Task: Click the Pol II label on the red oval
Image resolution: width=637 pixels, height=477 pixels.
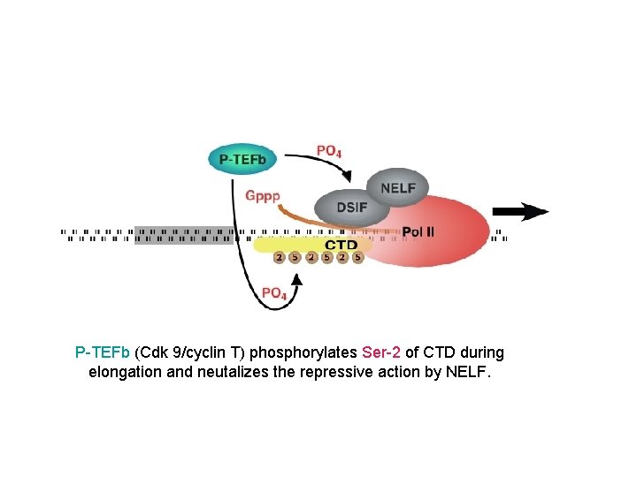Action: tap(418, 232)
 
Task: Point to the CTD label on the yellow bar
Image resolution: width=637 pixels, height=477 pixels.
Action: tap(341, 245)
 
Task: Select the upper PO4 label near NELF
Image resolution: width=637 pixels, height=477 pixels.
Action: tap(328, 151)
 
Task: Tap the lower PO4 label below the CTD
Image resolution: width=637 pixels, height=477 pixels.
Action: tap(273, 293)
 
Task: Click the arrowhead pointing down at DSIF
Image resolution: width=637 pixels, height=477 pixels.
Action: tap(345, 178)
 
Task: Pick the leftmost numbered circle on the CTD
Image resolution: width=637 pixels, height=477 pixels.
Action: tap(279, 258)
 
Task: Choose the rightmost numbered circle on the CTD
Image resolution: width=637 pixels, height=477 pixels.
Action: tap(357, 258)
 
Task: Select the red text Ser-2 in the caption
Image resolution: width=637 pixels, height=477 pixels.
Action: tap(381, 352)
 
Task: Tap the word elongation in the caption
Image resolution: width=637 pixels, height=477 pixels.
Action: tap(125, 372)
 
